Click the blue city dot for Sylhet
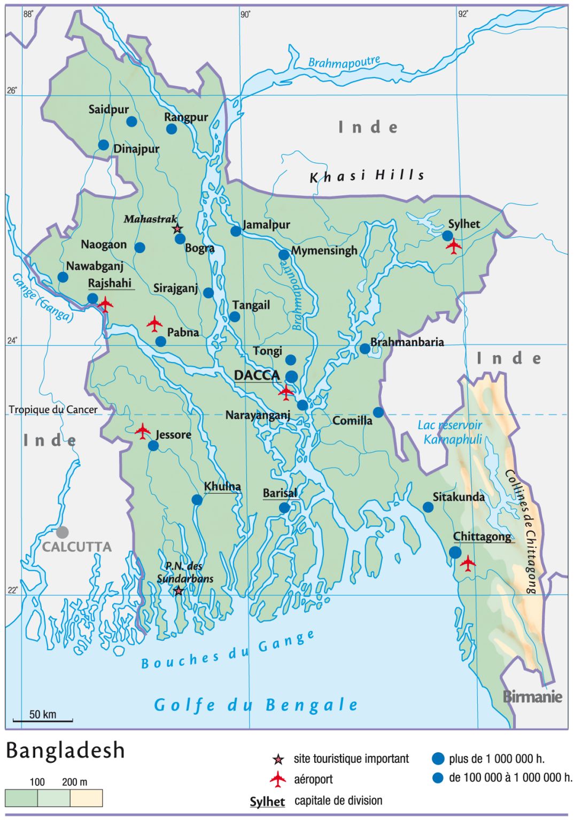tap(447, 235)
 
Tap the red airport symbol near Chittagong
tap(468, 563)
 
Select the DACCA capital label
tap(257, 375)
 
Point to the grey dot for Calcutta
tap(63, 532)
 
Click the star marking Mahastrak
tap(177, 229)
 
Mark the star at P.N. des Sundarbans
tap(179, 591)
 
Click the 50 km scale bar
tap(43, 720)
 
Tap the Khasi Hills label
tap(367, 176)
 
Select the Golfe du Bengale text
tap(255, 705)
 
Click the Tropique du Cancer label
tap(53, 410)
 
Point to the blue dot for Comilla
tap(378, 412)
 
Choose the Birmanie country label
tap(532, 697)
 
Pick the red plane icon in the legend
tap(278, 779)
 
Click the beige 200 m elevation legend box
tap(86, 798)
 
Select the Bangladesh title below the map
tap(65, 751)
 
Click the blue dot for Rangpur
tap(172, 129)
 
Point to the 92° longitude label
tap(463, 14)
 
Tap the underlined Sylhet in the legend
tap(267, 802)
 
